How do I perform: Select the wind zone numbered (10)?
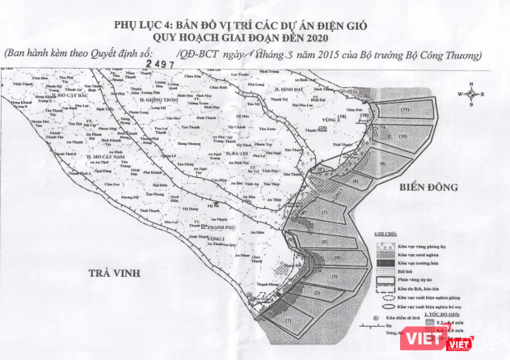coord(365,116)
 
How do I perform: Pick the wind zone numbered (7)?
coord(323,213)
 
